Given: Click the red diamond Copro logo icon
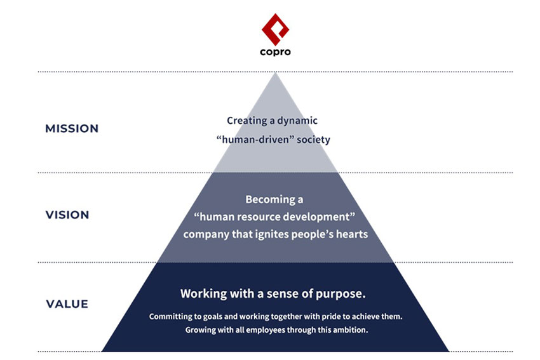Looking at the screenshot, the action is (x=275, y=30).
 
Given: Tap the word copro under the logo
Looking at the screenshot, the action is (x=275, y=52).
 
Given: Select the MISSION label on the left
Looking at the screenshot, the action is (x=72, y=129).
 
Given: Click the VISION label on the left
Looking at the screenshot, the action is (x=67, y=215).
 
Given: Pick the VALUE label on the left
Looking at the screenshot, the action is (x=67, y=304).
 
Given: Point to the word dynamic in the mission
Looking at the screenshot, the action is (x=297, y=121).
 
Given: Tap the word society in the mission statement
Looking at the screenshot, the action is (x=313, y=140).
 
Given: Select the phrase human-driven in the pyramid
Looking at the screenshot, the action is (x=255, y=140).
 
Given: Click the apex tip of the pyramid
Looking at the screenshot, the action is (x=275, y=72).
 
